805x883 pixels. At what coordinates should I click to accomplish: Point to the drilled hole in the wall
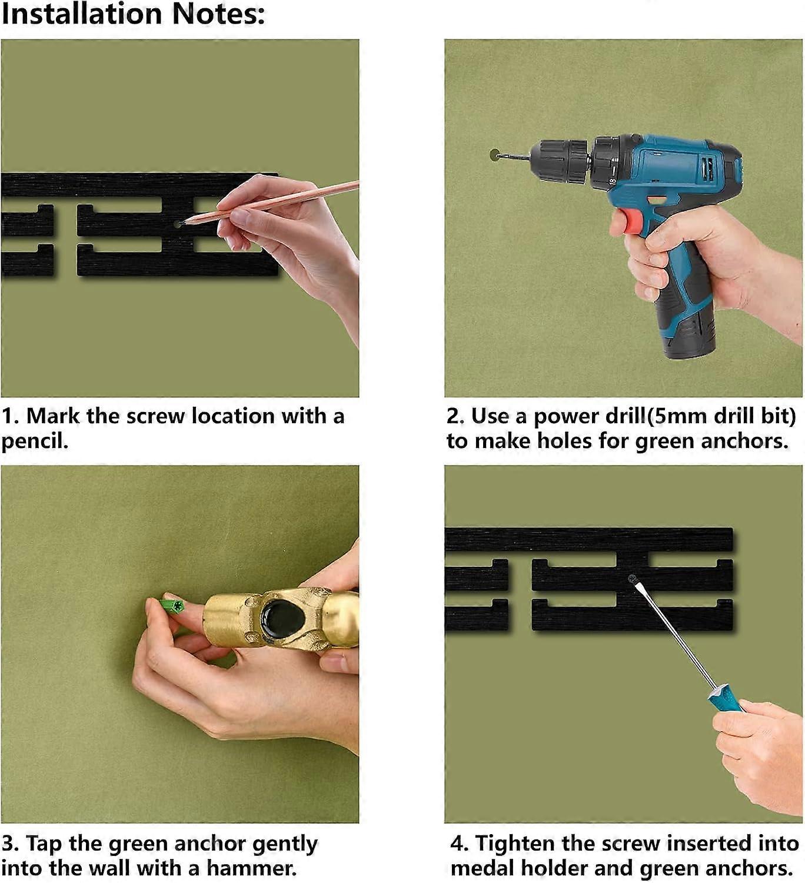tap(494, 154)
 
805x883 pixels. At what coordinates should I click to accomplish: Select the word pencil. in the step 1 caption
tap(35, 441)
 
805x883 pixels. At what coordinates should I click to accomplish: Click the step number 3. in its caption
tap(10, 844)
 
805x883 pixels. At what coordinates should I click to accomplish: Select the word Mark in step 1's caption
tap(53, 416)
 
